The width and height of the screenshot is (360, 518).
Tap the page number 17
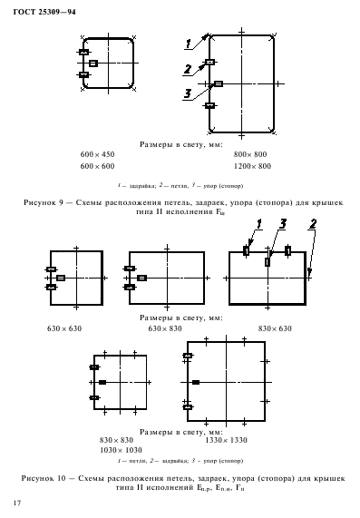pyautogui.click(x=16, y=501)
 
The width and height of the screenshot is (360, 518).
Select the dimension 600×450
pyautogui.click(x=98, y=155)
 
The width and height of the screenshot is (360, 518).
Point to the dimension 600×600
pyautogui.click(x=98, y=167)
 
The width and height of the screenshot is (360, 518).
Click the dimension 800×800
pyautogui.click(x=250, y=155)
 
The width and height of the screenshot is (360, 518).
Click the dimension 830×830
pyautogui.click(x=117, y=440)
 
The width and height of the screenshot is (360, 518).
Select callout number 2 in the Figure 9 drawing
pyautogui.click(x=187, y=69)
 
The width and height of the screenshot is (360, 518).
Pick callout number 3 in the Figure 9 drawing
pyautogui.click(x=187, y=93)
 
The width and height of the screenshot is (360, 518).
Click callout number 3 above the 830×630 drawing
pyautogui.click(x=284, y=223)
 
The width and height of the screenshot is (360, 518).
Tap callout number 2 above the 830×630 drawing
pyautogui.click(x=313, y=223)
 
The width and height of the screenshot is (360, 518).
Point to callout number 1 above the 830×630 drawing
pyautogui.click(x=258, y=223)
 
